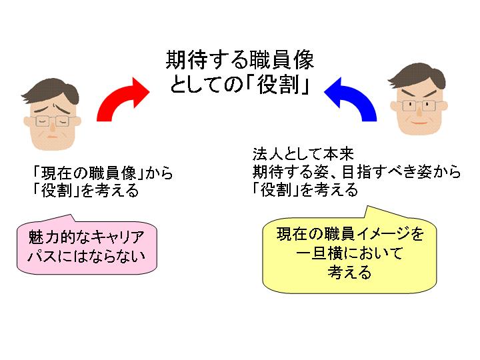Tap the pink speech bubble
point(87,245)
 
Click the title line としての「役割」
point(239,87)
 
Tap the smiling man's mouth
point(419,124)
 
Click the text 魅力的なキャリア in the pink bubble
point(87,237)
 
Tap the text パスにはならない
point(87,256)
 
